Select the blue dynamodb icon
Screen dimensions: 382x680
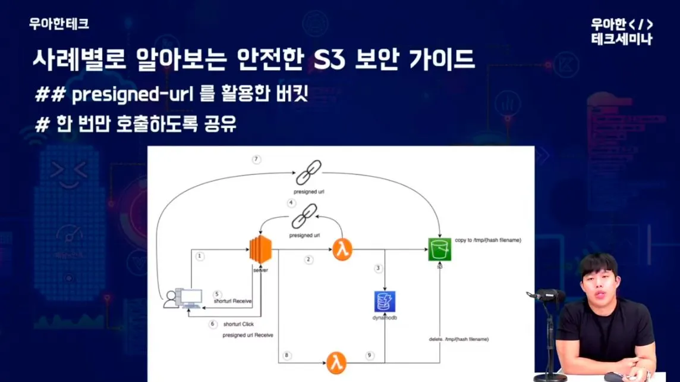coord(385,302)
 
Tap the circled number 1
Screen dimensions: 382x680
coord(200,256)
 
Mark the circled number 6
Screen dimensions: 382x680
coord(213,324)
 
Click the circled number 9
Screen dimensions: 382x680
coord(369,355)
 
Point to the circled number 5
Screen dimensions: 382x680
coord(217,294)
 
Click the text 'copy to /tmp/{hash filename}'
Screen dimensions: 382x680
coord(488,240)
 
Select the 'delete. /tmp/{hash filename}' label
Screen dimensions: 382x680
coord(459,339)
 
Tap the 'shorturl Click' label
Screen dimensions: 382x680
coord(239,325)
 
